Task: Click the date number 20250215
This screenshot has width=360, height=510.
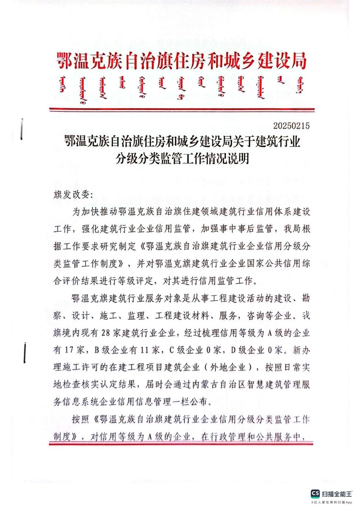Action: click(291, 126)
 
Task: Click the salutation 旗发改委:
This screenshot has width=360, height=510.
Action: click(73, 195)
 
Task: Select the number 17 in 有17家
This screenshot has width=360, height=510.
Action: click(69, 350)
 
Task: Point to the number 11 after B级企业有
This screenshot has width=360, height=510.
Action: click(146, 350)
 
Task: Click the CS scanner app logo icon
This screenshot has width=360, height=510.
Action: click(315, 493)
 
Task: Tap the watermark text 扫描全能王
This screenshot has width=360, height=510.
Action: click(337, 494)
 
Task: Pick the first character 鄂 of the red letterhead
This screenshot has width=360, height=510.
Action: click(65, 61)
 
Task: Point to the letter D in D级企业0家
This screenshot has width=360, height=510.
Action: click(233, 350)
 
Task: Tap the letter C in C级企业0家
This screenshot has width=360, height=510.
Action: click(172, 350)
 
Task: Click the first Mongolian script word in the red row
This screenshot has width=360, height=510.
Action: click(63, 85)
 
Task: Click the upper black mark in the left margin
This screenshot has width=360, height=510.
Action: click(22, 129)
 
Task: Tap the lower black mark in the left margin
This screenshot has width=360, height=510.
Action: click(25, 352)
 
